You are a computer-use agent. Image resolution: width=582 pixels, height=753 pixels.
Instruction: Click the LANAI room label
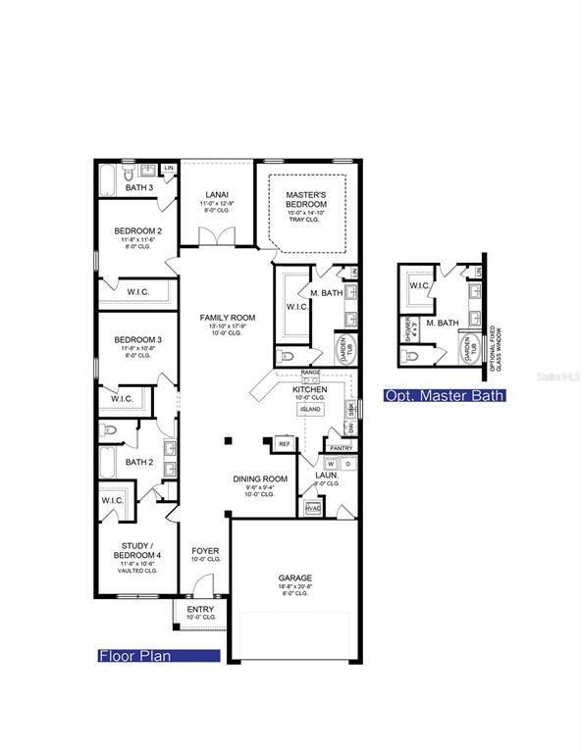(x=217, y=194)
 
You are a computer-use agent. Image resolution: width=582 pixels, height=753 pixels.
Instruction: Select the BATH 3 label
(x=139, y=187)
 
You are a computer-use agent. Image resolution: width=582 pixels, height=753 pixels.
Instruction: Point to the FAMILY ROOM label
(x=227, y=318)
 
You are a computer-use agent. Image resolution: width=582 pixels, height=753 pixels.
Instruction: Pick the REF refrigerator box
(x=286, y=444)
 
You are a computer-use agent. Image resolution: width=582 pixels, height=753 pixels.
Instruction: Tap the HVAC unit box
(x=314, y=508)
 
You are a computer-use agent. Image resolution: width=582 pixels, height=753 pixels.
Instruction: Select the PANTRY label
(x=341, y=447)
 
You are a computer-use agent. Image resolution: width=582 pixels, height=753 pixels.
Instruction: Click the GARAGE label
(x=294, y=577)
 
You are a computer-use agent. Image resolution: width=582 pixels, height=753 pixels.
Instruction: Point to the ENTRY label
(x=200, y=610)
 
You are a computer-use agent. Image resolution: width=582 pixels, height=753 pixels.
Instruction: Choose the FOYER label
(x=205, y=551)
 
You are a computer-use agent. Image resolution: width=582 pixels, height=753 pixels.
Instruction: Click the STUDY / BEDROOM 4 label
(x=136, y=550)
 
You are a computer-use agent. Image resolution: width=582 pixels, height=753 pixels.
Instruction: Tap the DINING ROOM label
(x=260, y=478)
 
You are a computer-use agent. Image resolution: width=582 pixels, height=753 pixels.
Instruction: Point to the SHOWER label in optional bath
(x=405, y=327)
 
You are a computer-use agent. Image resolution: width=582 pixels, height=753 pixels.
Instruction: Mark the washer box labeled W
(x=331, y=465)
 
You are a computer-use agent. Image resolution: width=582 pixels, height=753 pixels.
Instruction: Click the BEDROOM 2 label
(x=137, y=231)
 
